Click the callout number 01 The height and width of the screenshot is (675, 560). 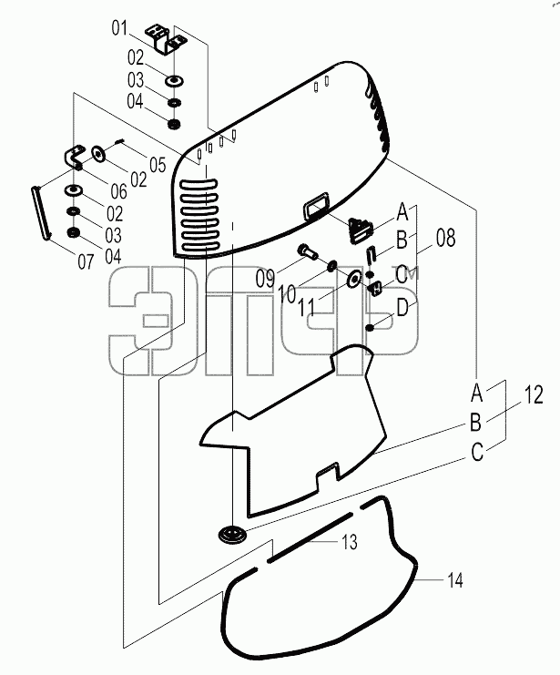(x=119, y=28)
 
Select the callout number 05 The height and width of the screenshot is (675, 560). (x=158, y=165)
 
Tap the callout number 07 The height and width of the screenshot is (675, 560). (x=86, y=261)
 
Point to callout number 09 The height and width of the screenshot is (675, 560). (x=265, y=279)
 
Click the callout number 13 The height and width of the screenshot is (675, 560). (x=350, y=542)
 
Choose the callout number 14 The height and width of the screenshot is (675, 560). (x=455, y=580)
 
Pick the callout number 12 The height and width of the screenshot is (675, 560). (x=534, y=394)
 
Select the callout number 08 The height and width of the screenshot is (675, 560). (x=445, y=238)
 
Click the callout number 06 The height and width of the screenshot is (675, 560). (x=118, y=191)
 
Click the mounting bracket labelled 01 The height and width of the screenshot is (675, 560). (x=166, y=39)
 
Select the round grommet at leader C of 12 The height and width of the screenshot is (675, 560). (x=232, y=535)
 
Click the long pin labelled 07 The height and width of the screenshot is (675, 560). (x=42, y=211)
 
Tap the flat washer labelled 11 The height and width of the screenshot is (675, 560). (x=354, y=280)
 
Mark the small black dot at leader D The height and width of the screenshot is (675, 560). (x=370, y=328)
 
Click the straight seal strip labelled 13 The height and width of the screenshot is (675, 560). (x=311, y=537)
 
